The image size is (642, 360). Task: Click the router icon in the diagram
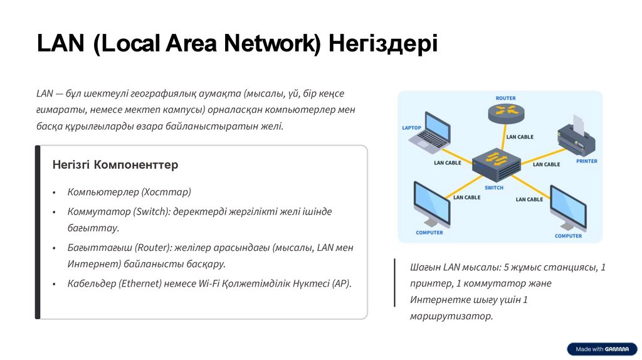pyautogui.click(x=505, y=113)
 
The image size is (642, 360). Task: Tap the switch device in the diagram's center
pyautogui.click(x=495, y=165)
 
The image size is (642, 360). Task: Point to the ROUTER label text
pyautogui.click(x=505, y=98)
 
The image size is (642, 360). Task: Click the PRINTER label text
pyautogui.click(x=586, y=161)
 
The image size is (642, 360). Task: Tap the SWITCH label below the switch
pyautogui.click(x=494, y=188)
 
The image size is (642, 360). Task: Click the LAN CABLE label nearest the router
pyautogui.click(x=520, y=137)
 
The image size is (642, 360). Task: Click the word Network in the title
pyautogui.click(x=271, y=44)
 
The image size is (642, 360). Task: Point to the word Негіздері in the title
pyautogui.click(x=383, y=44)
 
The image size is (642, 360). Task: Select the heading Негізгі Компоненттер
pyautogui.click(x=115, y=165)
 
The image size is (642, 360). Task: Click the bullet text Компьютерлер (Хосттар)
pyautogui.click(x=129, y=192)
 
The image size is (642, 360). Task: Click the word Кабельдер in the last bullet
pyautogui.click(x=92, y=283)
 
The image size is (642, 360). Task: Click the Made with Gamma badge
pyautogui.click(x=602, y=349)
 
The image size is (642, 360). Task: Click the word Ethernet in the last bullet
pyautogui.click(x=141, y=283)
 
